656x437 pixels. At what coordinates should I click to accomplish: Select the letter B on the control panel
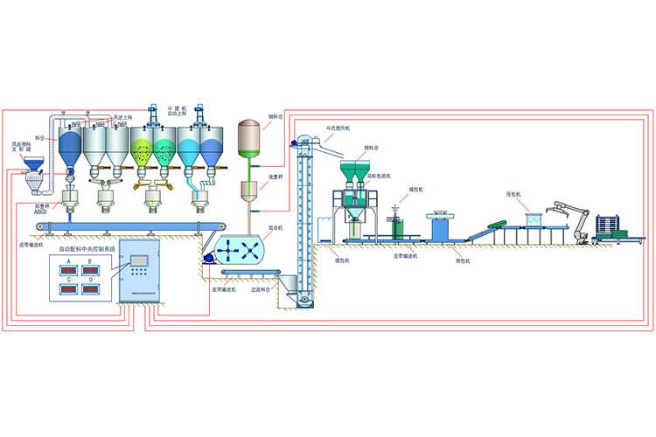(x=90, y=261)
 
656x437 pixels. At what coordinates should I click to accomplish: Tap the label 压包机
(x=513, y=193)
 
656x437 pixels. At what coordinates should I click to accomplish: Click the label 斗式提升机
(x=337, y=128)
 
